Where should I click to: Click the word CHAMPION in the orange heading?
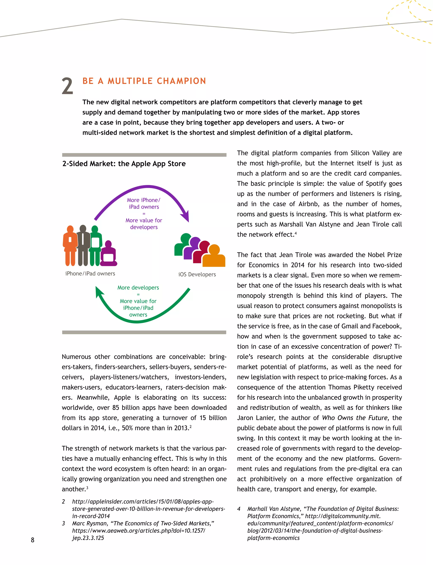(x=181, y=81)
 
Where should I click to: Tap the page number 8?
(x=33, y=540)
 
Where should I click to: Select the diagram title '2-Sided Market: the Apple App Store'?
(x=124, y=164)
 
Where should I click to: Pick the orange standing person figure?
(x=70, y=246)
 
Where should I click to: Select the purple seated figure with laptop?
(x=108, y=254)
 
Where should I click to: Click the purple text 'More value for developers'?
(x=144, y=224)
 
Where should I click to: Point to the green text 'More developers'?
(x=138, y=288)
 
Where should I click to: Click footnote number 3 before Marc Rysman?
(x=63, y=523)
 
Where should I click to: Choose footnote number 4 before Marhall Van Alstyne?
(x=239, y=509)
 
